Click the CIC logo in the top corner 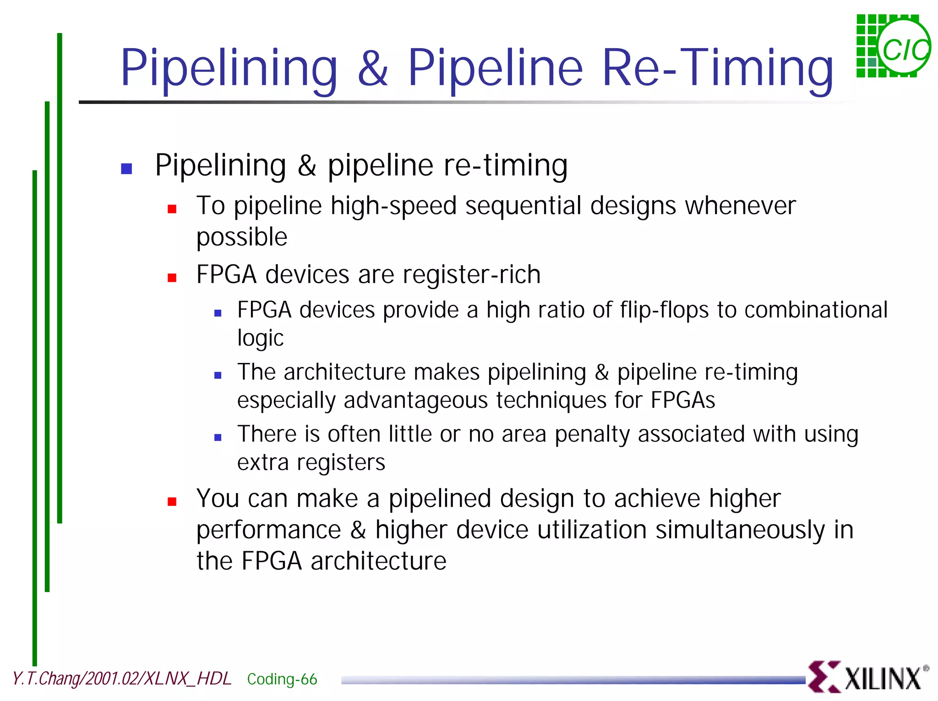pyautogui.click(x=893, y=46)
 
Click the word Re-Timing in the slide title pyautogui.click(x=717, y=68)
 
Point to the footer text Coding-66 pyautogui.click(x=282, y=679)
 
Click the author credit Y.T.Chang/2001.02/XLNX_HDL pyautogui.click(x=122, y=679)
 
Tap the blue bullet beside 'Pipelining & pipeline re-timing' pyautogui.click(x=126, y=169)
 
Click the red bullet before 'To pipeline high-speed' pyautogui.click(x=172, y=209)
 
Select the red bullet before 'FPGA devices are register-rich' pyautogui.click(x=172, y=278)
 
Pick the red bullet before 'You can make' pyautogui.click(x=172, y=502)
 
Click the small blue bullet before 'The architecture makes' pyautogui.click(x=218, y=375)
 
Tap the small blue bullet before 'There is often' pyautogui.click(x=218, y=438)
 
